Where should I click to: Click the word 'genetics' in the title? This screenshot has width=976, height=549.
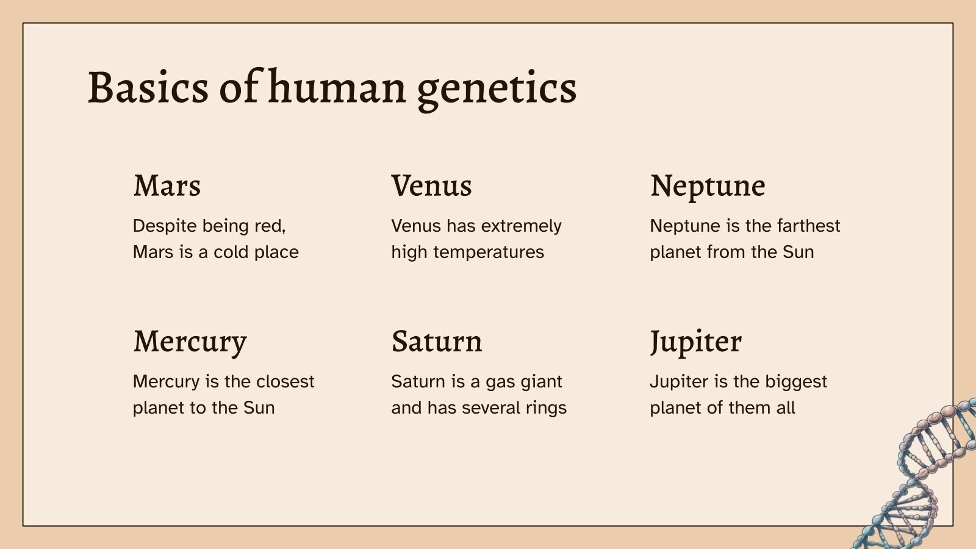click(x=497, y=89)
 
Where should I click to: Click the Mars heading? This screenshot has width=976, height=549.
click(x=167, y=186)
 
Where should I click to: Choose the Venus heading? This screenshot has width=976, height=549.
click(x=431, y=186)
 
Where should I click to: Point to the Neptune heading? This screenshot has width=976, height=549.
click(x=708, y=186)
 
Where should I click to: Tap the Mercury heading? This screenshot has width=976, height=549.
click(x=190, y=342)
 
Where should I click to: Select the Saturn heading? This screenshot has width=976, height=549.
click(x=437, y=342)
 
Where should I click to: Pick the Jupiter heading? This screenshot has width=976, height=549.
click(x=695, y=342)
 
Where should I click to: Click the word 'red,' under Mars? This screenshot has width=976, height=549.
click(x=270, y=226)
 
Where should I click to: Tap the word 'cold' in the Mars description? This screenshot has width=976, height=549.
click(x=230, y=253)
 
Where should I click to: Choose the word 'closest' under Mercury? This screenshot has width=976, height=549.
click(x=285, y=382)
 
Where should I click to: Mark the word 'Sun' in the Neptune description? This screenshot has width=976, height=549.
click(x=798, y=253)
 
